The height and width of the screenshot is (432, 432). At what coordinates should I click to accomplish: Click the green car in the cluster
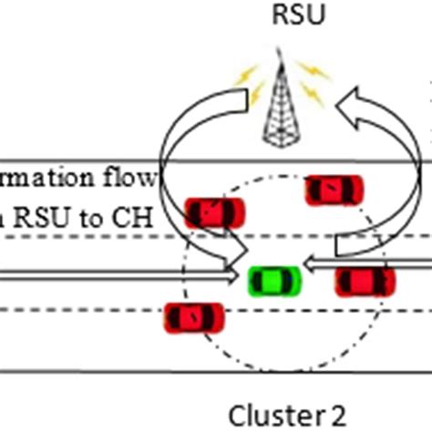(x=274, y=280)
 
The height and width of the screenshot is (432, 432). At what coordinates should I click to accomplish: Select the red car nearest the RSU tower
(x=334, y=190)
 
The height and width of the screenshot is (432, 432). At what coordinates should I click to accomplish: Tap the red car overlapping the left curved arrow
(x=215, y=212)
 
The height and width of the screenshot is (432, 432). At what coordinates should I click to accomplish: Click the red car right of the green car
(x=365, y=281)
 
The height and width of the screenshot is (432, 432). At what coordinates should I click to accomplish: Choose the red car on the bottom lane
(x=194, y=316)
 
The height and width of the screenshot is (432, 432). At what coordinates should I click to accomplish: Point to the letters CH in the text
(x=139, y=219)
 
